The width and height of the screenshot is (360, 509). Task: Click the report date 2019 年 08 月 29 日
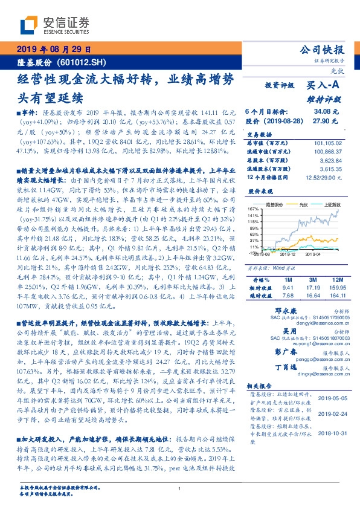click(53, 50)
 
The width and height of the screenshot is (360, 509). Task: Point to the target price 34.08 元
click(321, 111)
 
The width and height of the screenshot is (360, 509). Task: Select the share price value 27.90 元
click(321, 121)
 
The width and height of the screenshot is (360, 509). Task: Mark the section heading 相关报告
click(262, 386)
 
